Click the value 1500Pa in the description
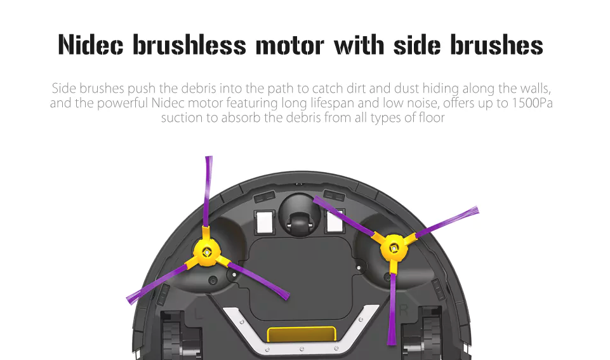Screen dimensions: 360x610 pyautogui.click(x=532, y=103)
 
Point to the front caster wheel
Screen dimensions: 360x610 pyautogui.click(x=296, y=214)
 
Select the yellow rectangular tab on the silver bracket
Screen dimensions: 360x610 pyautogui.click(x=301, y=336)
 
